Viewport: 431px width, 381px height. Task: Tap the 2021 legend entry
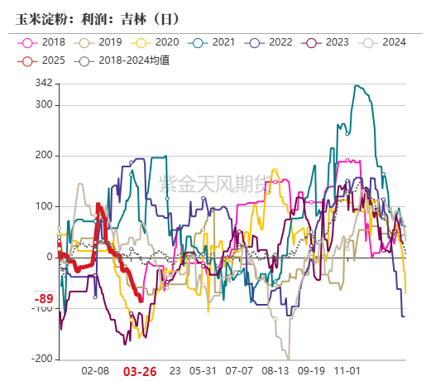pos(213,41)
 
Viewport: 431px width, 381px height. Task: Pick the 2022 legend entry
pos(270,41)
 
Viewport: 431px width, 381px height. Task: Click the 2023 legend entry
pos(327,41)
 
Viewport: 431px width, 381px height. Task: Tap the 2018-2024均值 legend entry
pos(124,60)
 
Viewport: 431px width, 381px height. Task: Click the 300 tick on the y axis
pos(44,105)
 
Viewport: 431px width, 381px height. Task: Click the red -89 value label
pos(44,299)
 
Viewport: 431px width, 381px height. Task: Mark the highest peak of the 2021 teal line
pos(356,85)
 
